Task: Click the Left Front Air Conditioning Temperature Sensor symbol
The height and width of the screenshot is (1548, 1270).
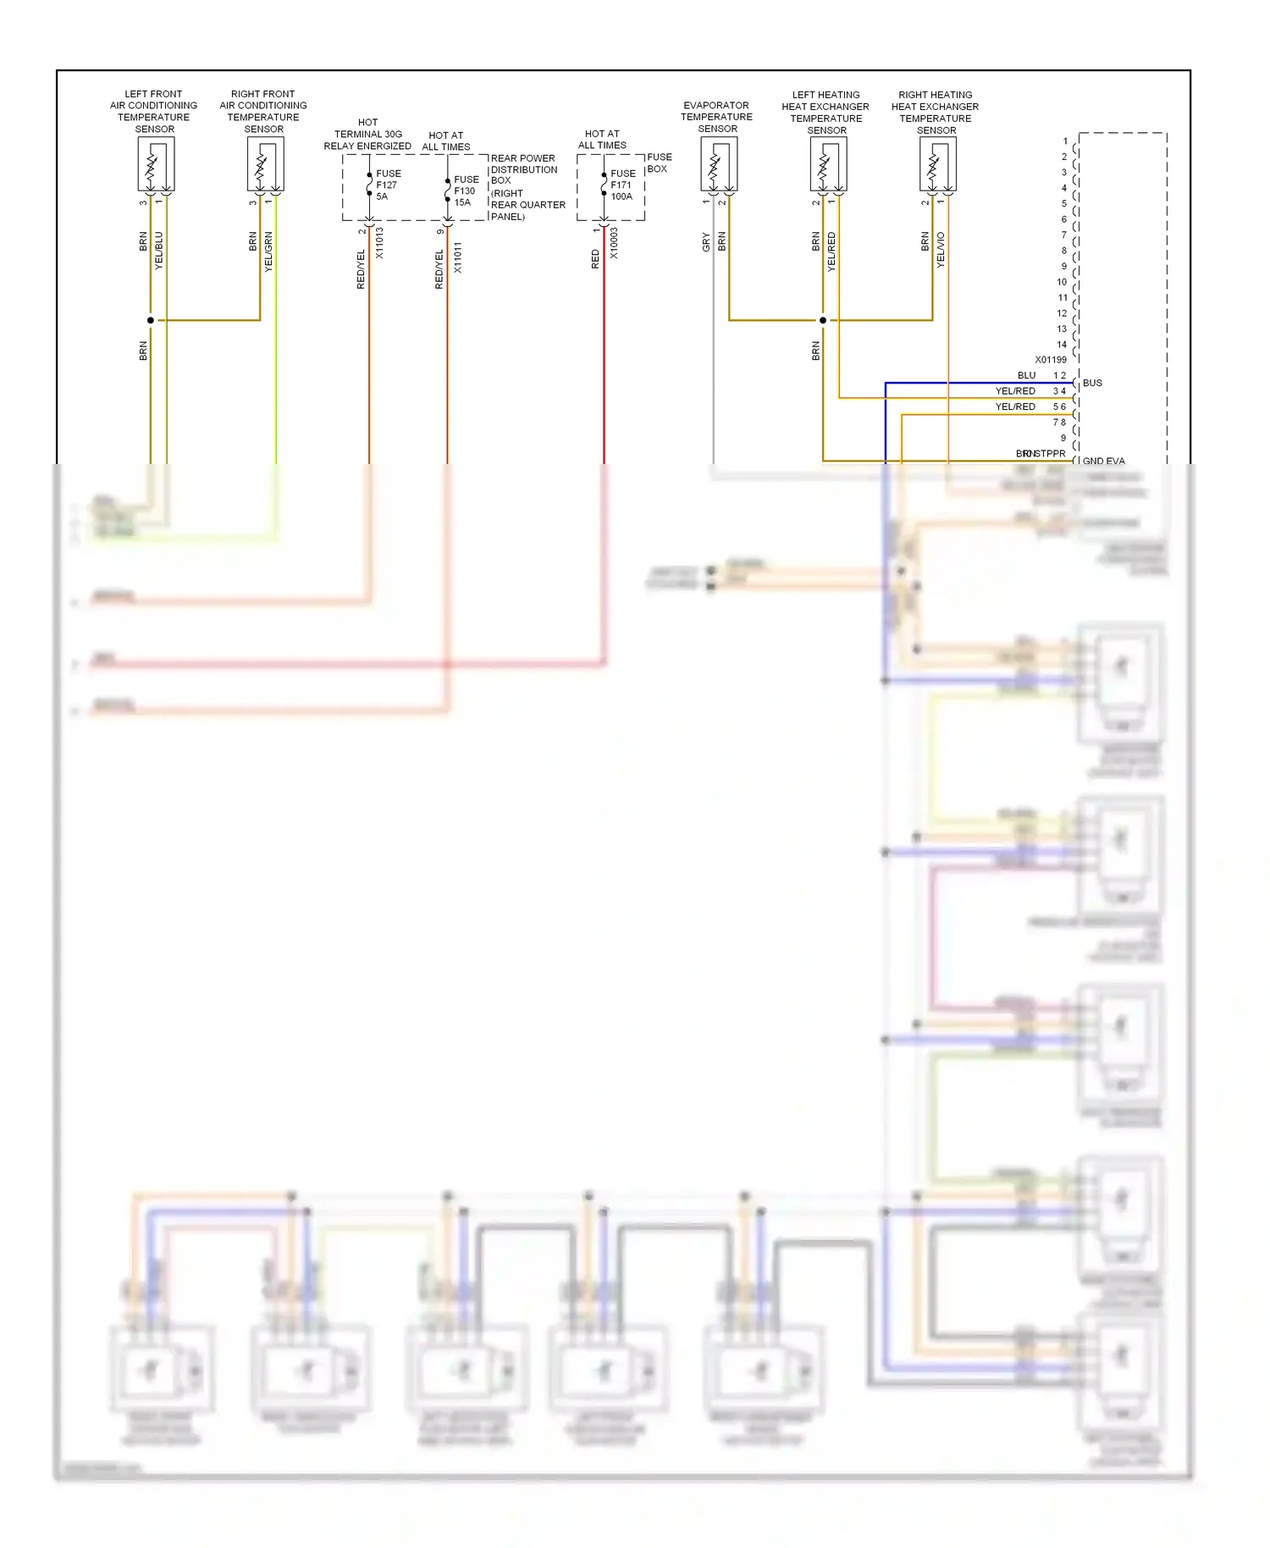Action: point(156,164)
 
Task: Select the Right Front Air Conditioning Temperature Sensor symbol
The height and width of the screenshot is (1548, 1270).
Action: point(265,164)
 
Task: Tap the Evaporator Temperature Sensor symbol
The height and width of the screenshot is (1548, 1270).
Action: point(719,164)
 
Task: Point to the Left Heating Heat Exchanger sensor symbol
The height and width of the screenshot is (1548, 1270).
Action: point(828,164)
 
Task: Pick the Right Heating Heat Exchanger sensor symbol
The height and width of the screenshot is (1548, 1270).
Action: point(937,164)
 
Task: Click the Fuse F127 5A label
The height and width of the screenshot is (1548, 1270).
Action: point(387,185)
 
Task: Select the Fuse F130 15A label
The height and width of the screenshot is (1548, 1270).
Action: point(466,191)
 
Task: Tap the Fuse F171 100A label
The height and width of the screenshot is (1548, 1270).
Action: point(622,185)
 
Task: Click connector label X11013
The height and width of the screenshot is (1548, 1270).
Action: point(379,243)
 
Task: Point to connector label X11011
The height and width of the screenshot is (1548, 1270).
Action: point(458,257)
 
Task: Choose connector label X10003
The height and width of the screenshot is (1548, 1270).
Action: point(614,243)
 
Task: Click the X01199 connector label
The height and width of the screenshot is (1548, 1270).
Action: point(1051,360)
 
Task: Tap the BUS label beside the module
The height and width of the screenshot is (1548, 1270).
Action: point(1092,383)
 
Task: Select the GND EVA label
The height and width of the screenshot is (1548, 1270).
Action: point(1103,462)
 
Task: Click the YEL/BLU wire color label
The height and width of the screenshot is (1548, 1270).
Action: point(159,251)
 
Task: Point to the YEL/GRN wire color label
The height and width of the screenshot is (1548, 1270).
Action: point(268,251)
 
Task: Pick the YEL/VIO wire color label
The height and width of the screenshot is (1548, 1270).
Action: point(941,251)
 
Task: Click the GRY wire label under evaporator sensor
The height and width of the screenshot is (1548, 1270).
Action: point(706,243)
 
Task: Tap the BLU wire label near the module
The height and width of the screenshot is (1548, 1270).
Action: point(1026,375)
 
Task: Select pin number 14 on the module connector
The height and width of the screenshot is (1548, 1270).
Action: point(1062,345)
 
